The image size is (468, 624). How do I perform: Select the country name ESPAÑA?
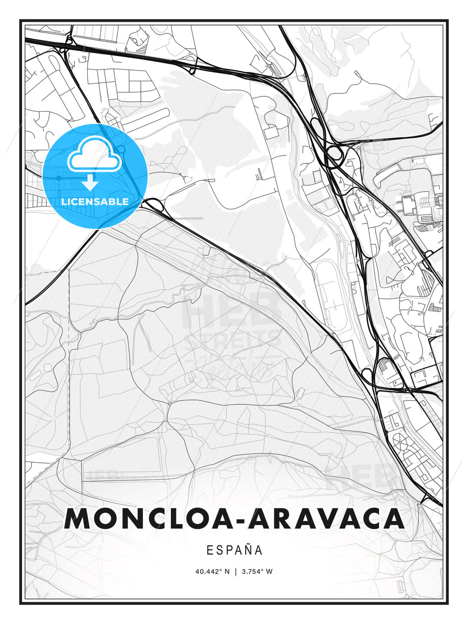click(x=234, y=550)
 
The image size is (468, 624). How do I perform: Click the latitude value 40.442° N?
click(x=212, y=572)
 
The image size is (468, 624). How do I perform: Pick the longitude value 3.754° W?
click(x=257, y=572)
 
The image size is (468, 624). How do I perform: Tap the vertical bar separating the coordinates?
click(x=235, y=572)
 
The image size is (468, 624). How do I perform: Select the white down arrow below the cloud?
click(x=90, y=182)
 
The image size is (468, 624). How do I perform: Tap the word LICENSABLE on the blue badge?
click(x=95, y=201)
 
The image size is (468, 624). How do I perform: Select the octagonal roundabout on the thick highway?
click(x=335, y=153)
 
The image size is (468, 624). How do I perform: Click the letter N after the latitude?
click(x=227, y=572)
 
